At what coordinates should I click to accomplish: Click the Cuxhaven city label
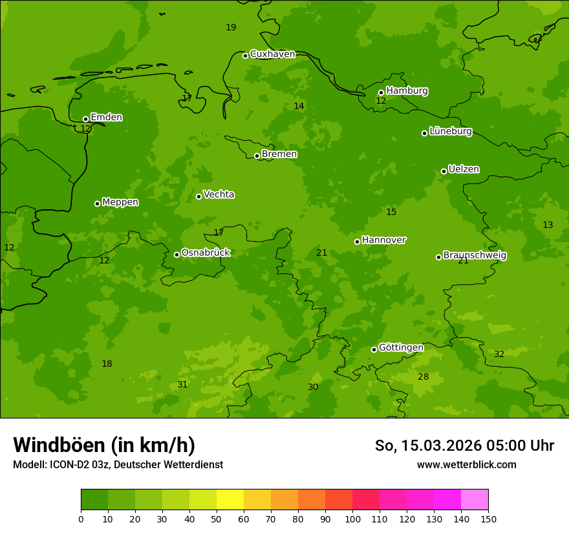point(272,54)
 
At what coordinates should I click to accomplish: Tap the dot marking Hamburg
point(381,92)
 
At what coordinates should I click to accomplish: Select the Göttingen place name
point(401,348)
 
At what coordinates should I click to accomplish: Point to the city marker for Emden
point(85,119)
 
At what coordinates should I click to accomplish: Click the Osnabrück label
point(206,253)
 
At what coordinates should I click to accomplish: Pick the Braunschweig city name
point(475,256)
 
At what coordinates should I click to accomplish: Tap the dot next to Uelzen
point(444,171)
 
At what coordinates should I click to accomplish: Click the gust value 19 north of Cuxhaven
point(231,27)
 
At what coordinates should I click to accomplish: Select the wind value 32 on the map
point(499,355)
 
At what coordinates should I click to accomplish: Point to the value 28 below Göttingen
point(423,377)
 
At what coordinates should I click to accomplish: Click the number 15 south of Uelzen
point(391,212)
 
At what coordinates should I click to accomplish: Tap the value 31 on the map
point(182,385)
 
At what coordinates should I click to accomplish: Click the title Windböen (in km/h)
point(104,445)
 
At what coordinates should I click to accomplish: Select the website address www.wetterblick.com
point(466,465)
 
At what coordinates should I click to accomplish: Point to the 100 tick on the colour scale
point(352,518)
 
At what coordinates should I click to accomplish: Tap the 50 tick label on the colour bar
point(217,518)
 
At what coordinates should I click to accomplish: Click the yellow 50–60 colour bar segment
point(230,500)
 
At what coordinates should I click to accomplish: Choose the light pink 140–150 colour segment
point(475,500)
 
